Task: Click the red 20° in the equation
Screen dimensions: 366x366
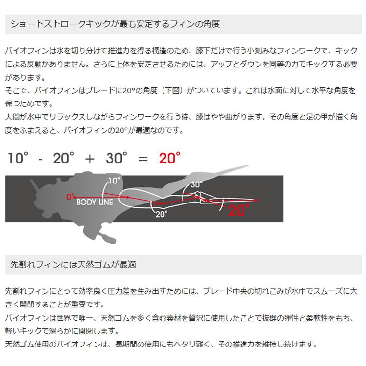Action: point(169,158)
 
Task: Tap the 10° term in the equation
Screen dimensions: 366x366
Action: point(19,158)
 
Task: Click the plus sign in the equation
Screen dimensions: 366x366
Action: point(89,158)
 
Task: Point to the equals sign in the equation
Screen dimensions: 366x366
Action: point(142,158)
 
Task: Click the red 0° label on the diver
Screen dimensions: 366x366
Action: point(70,197)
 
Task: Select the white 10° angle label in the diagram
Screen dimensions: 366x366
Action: point(113,181)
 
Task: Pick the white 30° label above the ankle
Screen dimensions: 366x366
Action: point(196,184)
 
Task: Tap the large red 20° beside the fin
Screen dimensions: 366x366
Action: point(239,210)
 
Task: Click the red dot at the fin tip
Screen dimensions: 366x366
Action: point(257,200)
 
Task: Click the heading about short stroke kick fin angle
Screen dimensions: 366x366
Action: point(115,23)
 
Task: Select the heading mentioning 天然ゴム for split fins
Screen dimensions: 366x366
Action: point(73,264)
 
